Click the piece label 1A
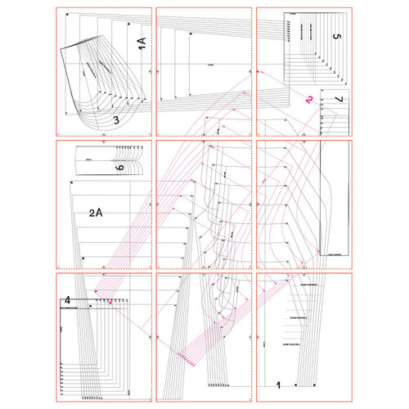(142, 44)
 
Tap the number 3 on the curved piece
(116, 119)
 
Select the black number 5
(337, 38)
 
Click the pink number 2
(308, 101)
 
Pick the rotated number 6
(120, 168)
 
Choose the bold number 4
(69, 300)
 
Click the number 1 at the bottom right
(279, 383)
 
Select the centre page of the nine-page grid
(204, 205)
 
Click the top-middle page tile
(204, 71)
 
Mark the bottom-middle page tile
(204, 338)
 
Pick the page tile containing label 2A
(104, 205)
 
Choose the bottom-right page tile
(303, 338)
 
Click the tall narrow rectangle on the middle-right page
(335, 204)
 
